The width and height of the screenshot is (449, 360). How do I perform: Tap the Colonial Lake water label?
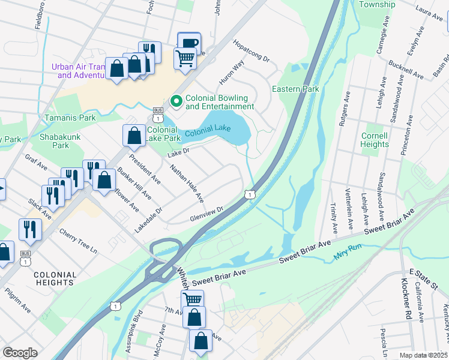(207, 131)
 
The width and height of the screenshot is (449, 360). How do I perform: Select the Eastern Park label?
(295, 89)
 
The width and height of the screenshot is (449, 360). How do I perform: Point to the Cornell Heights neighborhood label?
(375, 140)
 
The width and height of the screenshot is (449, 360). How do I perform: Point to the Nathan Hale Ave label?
(187, 183)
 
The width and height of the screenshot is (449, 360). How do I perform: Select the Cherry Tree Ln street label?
(79, 241)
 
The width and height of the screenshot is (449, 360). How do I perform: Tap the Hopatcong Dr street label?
(252, 52)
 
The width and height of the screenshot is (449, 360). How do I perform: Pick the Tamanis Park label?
(70, 118)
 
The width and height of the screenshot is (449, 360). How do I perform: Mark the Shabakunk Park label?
(55, 140)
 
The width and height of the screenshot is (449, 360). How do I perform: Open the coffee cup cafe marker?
(189, 43)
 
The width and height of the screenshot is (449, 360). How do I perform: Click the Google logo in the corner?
(20, 353)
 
